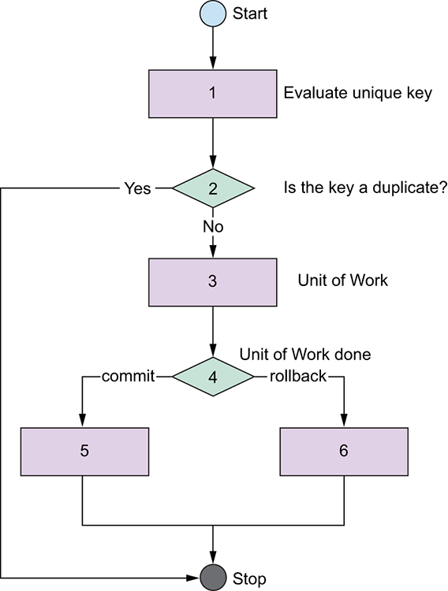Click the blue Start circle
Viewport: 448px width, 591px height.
[213, 13]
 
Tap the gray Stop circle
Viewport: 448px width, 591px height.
[213, 578]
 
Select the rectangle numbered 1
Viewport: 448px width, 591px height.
[213, 94]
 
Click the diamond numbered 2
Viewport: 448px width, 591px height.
[213, 188]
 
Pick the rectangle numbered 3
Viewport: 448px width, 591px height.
[213, 282]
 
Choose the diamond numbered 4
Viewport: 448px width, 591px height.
[213, 377]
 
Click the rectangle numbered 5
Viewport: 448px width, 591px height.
[84, 452]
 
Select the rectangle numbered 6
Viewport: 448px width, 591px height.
[344, 452]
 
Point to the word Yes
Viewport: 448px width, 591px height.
[138, 188]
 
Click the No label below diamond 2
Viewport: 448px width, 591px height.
[213, 226]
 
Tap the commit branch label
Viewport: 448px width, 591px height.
[129, 376]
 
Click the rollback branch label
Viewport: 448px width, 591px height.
[298, 376]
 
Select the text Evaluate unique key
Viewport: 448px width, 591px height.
[358, 93]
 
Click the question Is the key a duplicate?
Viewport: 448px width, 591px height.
[365, 188]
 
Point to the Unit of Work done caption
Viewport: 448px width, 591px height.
[305, 355]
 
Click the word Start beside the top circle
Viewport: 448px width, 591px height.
[250, 13]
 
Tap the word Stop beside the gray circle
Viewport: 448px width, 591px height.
[249, 578]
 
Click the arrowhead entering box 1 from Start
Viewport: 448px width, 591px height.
[213, 63]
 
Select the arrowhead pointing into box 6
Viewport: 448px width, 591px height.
[344, 421]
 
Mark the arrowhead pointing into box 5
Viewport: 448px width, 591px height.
[82, 421]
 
